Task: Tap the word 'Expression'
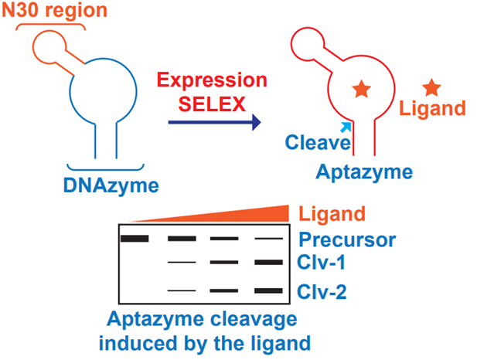click(211, 81)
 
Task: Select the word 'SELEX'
click(211, 102)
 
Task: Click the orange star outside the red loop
click(431, 87)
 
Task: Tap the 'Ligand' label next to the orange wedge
click(330, 214)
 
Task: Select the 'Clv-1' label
click(319, 264)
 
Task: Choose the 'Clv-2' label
click(319, 291)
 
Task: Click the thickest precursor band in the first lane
click(135, 238)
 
